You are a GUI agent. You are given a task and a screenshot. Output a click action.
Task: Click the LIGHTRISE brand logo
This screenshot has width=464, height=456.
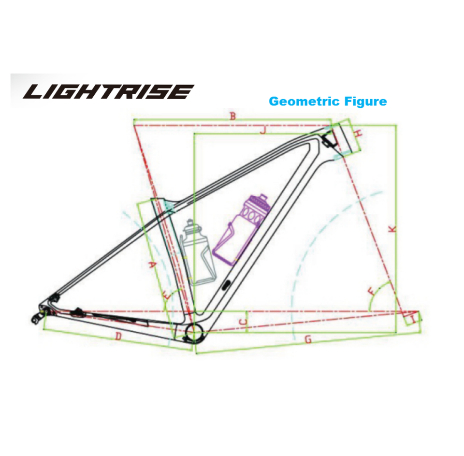(x=109, y=91)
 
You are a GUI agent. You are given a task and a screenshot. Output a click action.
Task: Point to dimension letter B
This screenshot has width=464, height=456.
(x=232, y=117)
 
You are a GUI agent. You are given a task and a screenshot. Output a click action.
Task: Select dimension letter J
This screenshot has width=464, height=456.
(x=262, y=130)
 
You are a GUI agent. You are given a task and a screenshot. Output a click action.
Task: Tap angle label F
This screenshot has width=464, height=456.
(x=371, y=292)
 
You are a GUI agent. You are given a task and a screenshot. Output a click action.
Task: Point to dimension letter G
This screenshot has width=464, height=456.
(x=308, y=340)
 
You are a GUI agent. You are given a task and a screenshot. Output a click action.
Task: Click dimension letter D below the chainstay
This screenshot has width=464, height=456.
(x=117, y=337)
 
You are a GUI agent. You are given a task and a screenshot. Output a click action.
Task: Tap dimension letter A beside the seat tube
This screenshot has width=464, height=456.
(x=152, y=265)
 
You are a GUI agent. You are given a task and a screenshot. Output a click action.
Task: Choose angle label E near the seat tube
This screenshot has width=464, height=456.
(x=167, y=294)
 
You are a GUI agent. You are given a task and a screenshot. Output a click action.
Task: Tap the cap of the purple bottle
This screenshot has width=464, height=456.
(x=262, y=198)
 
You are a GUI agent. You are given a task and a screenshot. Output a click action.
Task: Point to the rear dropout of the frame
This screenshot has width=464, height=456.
(x=39, y=314)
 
